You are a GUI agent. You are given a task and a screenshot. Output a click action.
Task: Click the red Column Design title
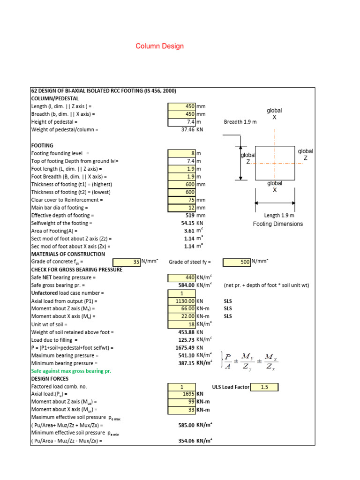[159, 46]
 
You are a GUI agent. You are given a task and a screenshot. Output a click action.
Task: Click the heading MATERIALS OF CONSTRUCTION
[67, 254]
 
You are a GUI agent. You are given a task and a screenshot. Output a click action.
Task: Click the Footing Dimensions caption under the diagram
[278, 224]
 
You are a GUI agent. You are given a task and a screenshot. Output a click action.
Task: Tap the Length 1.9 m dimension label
[279, 215]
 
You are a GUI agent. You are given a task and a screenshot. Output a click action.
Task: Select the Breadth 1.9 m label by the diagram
[240, 122]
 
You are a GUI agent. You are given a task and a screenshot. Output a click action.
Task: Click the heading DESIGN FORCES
[50, 379]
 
